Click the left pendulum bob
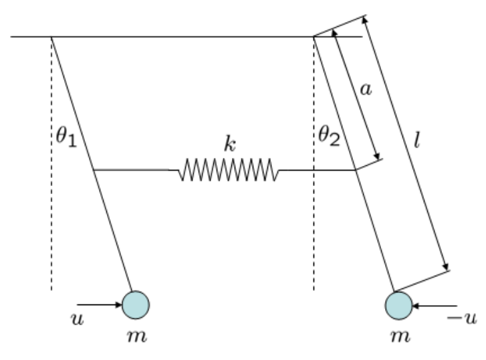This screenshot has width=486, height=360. click(x=136, y=304)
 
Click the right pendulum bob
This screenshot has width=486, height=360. click(x=399, y=306)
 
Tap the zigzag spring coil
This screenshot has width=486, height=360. click(x=229, y=170)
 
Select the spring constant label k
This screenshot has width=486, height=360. click(x=230, y=144)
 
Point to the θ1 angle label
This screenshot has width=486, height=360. click(x=66, y=137)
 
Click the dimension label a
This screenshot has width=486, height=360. click(x=366, y=90)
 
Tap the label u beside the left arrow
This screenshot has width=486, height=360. click(x=77, y=319)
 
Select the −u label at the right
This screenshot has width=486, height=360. click(x=462, y=318)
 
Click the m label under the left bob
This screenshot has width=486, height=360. click(x=137, y=337)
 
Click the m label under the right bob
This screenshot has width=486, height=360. click(x=400, y=337)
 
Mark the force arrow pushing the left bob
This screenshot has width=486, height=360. click(x=100, y=304)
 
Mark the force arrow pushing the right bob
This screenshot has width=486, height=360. click(x=435, y=306)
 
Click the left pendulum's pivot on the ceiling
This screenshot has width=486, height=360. click(x=51, y=37)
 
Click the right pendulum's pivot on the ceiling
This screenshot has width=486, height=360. click(x=314, y=37)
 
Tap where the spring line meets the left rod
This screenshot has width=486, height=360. click(x=94, y=170)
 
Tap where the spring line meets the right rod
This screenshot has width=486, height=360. click(x=356, y=170)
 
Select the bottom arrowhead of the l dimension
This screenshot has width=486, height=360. click(x=446, y=267)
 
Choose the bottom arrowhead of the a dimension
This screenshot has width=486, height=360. click(x=376, y=156)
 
